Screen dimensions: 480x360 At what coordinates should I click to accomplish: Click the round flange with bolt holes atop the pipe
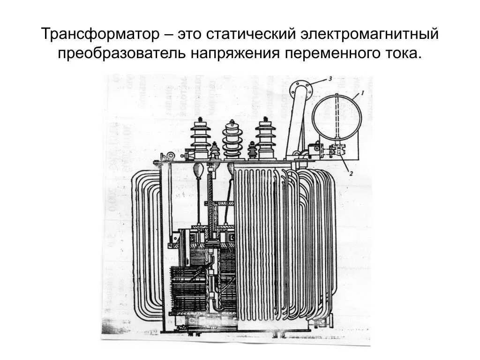click(300, 89)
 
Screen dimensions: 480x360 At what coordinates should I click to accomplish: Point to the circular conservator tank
click(337, 117)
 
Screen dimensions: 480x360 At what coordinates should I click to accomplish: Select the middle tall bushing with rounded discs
click(232, 139)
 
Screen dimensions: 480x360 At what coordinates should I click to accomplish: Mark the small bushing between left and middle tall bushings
click(215, 150)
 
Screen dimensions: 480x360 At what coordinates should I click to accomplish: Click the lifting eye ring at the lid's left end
click(171, 156)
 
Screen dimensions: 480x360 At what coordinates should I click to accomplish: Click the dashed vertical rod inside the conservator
click(337, 117)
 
